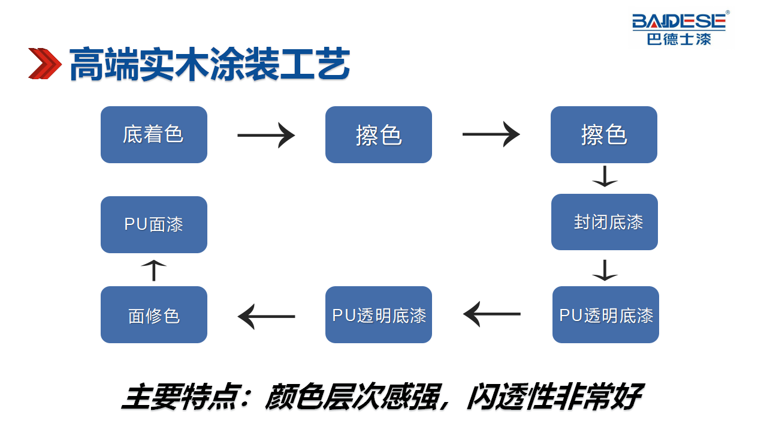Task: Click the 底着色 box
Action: point(154,134)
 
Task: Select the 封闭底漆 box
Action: point(605,222)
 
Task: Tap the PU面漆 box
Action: point(154,224)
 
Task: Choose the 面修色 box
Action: point(154,315)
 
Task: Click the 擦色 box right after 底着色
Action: point(378,134)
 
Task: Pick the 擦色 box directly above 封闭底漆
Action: point(603,134)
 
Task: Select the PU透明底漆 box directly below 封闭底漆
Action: point(606,315)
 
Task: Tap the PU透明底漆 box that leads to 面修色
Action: point(378,315)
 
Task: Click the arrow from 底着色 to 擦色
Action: point(266,135)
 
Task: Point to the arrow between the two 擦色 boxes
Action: point(491,134)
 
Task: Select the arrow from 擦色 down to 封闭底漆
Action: point(605,176)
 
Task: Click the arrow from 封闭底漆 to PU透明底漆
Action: point(605,270)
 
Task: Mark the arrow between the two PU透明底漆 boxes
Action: point(492,314)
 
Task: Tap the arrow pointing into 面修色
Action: point(267,316)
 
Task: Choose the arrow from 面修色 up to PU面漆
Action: point(154,270)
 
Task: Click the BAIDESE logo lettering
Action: point(679,21)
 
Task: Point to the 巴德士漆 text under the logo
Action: point(679,39)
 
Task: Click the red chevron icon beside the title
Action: point(45,64)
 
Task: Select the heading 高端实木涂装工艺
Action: point(210,64)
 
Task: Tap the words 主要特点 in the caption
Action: point(180,397)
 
